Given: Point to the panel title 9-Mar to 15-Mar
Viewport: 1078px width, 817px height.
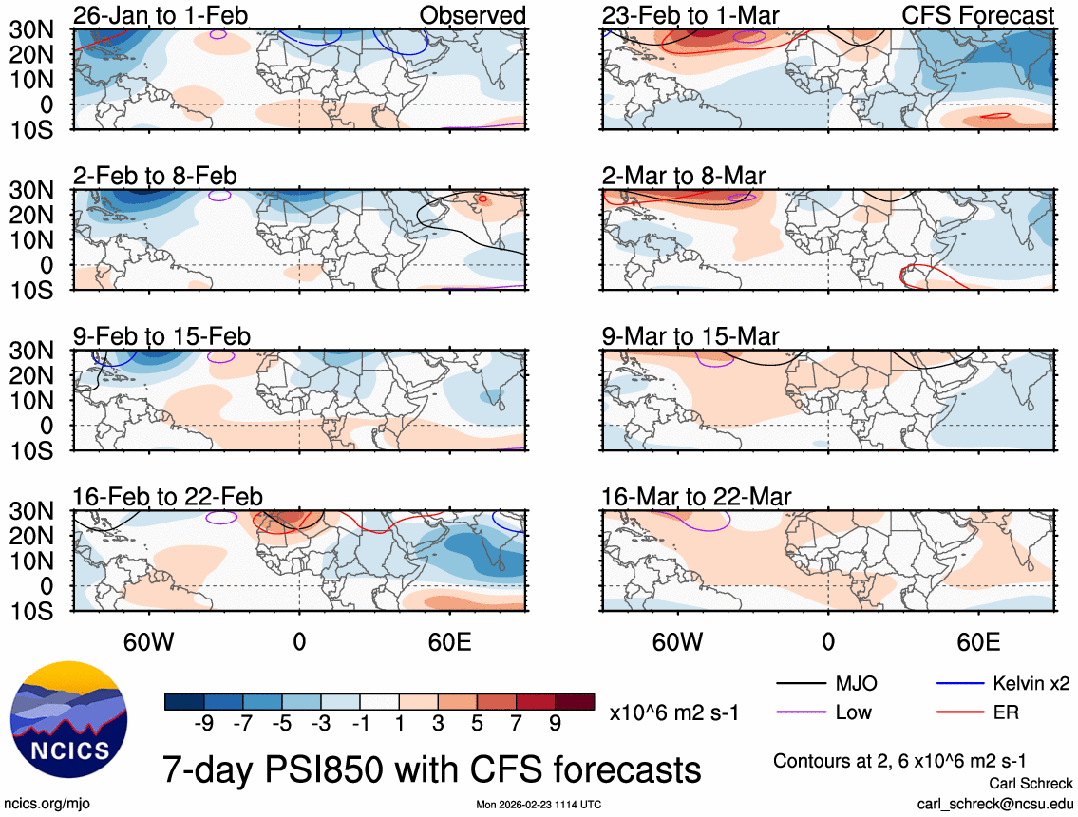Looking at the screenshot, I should (690, 336).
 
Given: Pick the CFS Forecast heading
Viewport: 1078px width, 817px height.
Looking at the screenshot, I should (992, 15).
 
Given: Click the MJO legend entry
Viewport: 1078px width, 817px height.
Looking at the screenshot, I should (855, 683).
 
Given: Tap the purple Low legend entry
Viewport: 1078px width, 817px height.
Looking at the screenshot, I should (853, 712).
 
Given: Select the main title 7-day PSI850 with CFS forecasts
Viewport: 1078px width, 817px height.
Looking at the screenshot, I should (432, 768).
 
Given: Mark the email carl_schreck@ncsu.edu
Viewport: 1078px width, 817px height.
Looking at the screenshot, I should (994, 803).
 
